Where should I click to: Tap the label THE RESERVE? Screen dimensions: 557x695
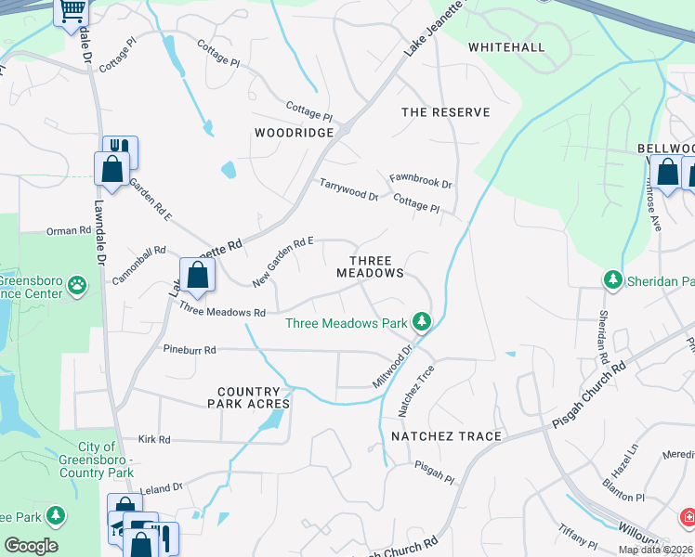445,112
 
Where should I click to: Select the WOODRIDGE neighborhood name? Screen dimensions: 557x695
294,133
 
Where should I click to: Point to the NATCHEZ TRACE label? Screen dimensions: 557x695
446,436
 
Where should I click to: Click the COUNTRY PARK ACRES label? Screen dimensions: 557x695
254,397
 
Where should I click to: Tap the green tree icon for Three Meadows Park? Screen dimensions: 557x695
423,322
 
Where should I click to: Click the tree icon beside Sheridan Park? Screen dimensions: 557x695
612,279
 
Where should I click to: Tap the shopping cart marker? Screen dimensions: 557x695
72,12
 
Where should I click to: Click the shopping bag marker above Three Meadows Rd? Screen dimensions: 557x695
197,274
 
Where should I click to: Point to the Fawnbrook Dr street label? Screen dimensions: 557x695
420,180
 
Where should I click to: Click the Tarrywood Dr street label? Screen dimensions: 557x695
348,190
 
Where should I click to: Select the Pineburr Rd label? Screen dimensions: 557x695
190,351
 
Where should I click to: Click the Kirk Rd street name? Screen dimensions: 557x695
154,439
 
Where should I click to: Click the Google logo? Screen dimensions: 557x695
32,546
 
